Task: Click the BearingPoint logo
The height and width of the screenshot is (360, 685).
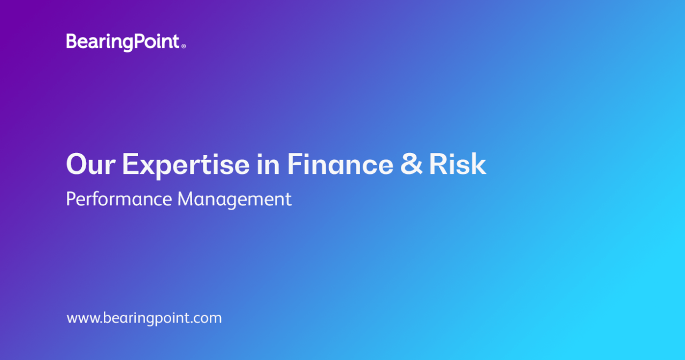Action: pos(126,42)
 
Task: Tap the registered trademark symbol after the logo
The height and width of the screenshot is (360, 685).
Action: pos(184,46)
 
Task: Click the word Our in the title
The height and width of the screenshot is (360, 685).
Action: pos(91,164)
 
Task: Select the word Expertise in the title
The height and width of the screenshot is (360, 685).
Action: pos(186,165)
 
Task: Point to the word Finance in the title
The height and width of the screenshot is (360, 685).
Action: pos(340,164)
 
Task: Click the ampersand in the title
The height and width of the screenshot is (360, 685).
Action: pos(412,164)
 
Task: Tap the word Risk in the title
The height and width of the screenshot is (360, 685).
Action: pos(458,164)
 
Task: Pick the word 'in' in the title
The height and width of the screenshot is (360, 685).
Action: pos(268,164)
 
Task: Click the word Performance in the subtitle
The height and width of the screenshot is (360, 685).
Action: pos(119,199)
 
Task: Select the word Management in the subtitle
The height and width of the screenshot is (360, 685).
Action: pos(234,200)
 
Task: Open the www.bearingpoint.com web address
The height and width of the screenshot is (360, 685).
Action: pos(144,318)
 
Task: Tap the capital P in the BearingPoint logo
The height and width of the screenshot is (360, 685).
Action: pos(140,41)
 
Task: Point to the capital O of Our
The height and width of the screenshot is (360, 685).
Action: pos(76,164)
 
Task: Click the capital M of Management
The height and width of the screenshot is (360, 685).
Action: pos(186,199)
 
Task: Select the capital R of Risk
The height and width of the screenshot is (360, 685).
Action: pos(438,164)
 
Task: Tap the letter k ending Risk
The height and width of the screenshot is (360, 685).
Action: pos(478,164)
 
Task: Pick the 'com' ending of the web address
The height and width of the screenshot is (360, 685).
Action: pos(209,319)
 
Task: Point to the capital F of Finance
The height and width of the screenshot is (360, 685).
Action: pos(294,164)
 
